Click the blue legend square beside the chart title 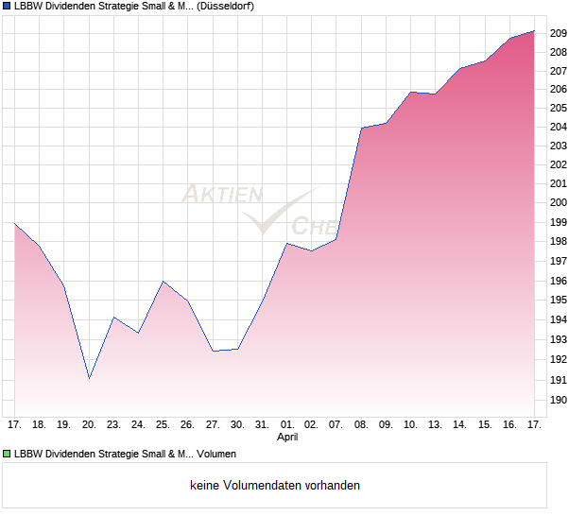(7, 6)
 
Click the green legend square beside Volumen (7, 454)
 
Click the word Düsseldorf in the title (224, 6)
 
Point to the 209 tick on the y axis (558, 33)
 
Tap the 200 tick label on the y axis (558, 202)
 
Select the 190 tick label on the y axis (558, 401)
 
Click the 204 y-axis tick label (558, 127)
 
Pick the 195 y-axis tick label (558, 300)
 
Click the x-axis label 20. (89, 425)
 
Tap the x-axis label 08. (361, 425)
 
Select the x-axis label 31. (262, 425)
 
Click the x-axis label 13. (436, 425)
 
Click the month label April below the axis (287, 438)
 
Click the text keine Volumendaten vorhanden (275, 485)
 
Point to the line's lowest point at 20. (89, 378)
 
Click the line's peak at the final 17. (534, 31)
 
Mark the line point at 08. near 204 (361, 128)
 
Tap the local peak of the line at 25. (163, 281)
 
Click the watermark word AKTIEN (221, 195)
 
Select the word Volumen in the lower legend (216, 454)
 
